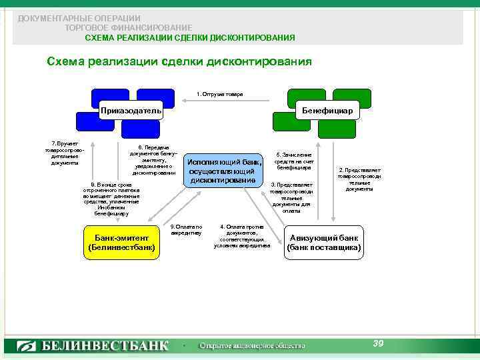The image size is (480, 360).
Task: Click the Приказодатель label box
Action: coord(131,110)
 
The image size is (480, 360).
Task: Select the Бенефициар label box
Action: coord(328,110)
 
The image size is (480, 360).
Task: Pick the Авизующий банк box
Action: coord(325,243)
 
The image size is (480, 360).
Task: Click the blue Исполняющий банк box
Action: coord(222,171)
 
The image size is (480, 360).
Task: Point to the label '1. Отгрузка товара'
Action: coord(220,95)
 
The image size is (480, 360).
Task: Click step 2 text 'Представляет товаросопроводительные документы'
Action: coord(359,179)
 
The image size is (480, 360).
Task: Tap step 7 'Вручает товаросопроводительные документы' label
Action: coord(65,153)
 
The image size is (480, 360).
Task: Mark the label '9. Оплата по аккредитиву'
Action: coord(186,230)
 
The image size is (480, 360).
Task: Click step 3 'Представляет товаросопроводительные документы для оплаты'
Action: coord(291,197)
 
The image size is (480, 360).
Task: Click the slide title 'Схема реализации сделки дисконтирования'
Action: coord(179,62)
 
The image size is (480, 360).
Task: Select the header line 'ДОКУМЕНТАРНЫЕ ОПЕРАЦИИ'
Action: coord(79,19)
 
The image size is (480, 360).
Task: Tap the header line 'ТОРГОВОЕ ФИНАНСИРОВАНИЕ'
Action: coord(129,28)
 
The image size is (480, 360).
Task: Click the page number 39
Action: coord(378,343)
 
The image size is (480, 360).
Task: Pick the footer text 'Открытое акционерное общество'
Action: coord(253,346)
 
